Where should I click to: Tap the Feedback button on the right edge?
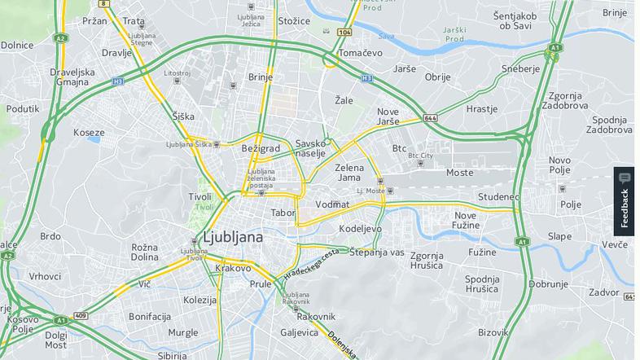point(625,201)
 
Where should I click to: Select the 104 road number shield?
point(344,33)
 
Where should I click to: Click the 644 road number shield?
point(431,118)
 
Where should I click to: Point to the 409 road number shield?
point(80,315)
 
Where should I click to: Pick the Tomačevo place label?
point(361,53)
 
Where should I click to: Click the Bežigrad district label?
point(261,148)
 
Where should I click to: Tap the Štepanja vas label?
point(377,252)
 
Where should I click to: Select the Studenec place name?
point(498,197)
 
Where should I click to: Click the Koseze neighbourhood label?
point(89,132)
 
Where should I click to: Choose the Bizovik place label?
point(493,331)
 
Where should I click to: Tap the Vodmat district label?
point(332,204)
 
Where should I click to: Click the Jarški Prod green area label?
point(454,34)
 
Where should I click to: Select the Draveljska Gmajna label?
point(72,77)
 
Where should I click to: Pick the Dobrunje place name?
point(548,284)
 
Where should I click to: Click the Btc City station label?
point(421,155)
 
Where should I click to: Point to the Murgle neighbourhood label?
point(183,332)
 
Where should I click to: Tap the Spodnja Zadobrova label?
point(609,124)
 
